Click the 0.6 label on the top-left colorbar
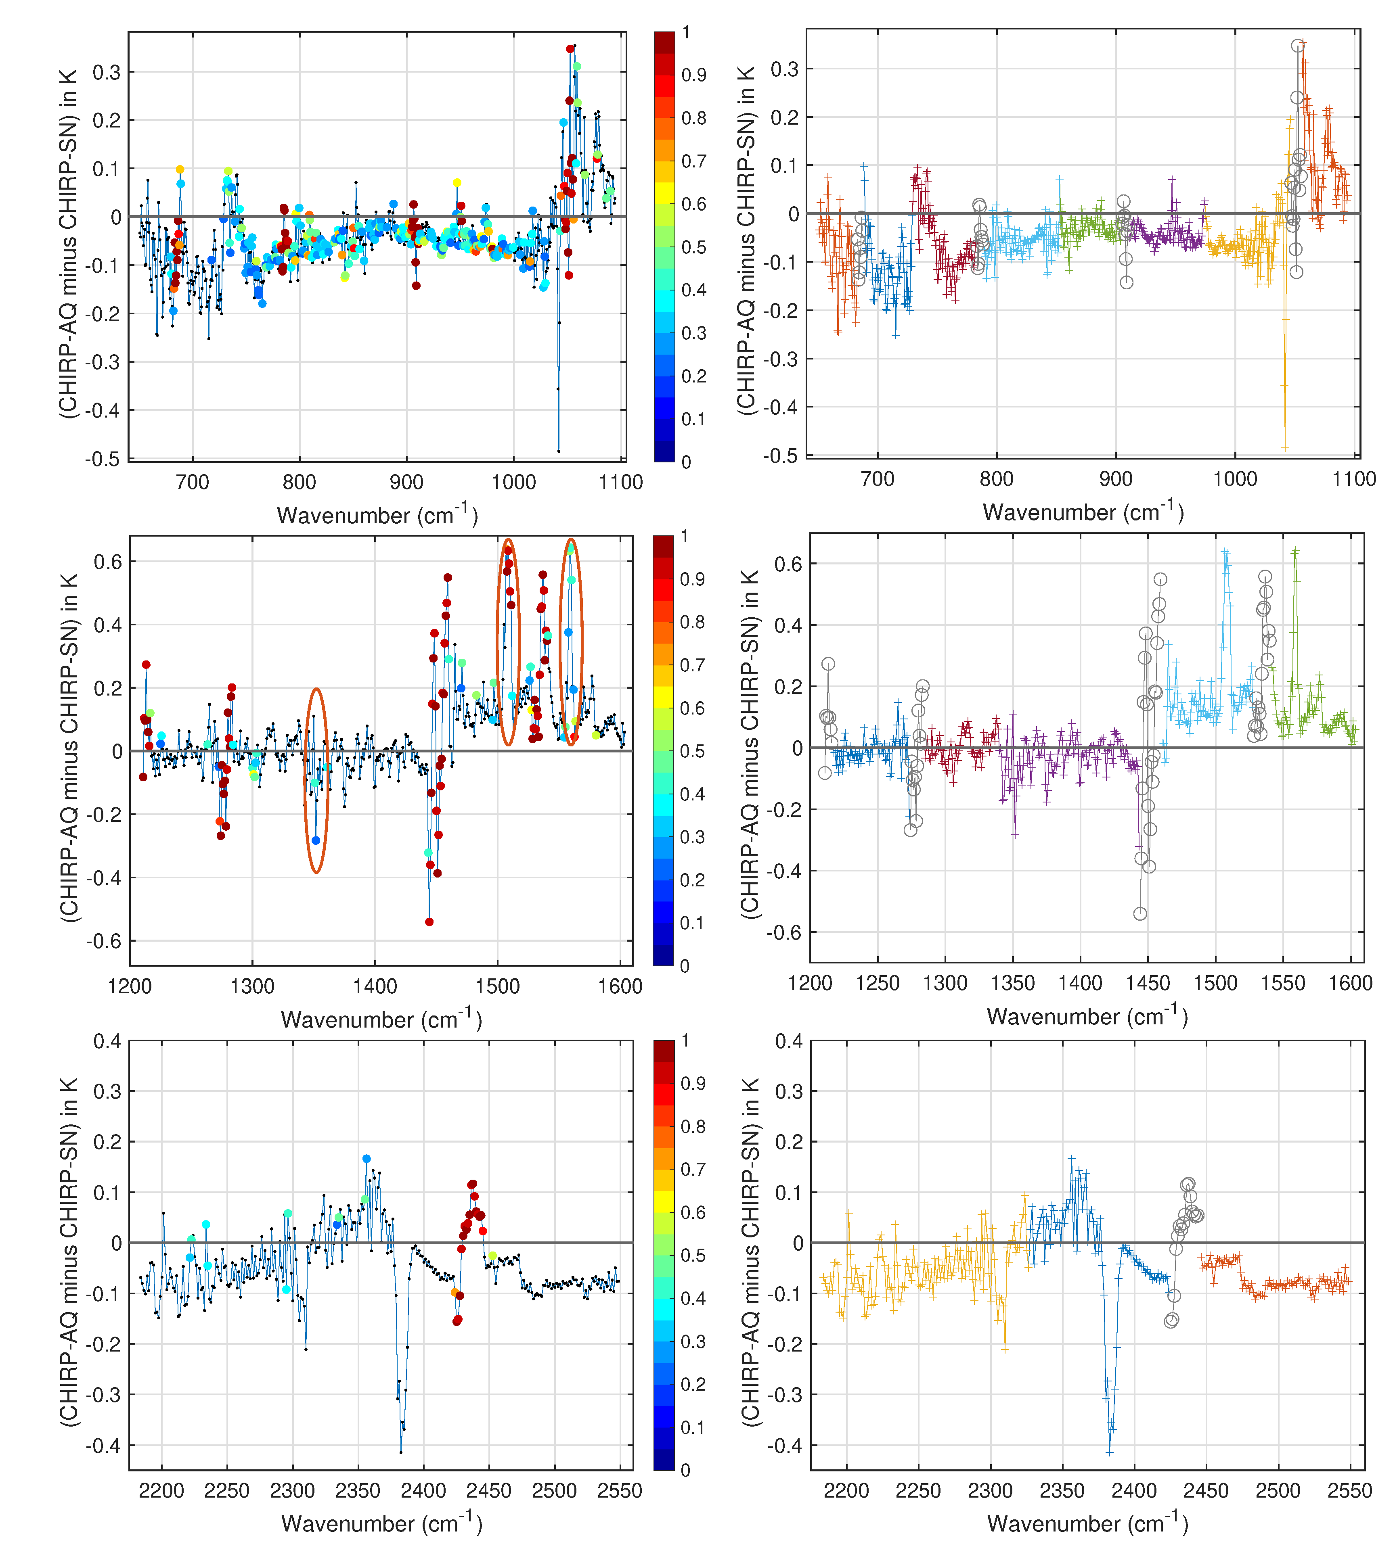pos(693,204)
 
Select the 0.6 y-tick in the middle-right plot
pos(788,564)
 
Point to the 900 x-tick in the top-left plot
pos(406,483)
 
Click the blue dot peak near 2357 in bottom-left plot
pos(366,1159)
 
